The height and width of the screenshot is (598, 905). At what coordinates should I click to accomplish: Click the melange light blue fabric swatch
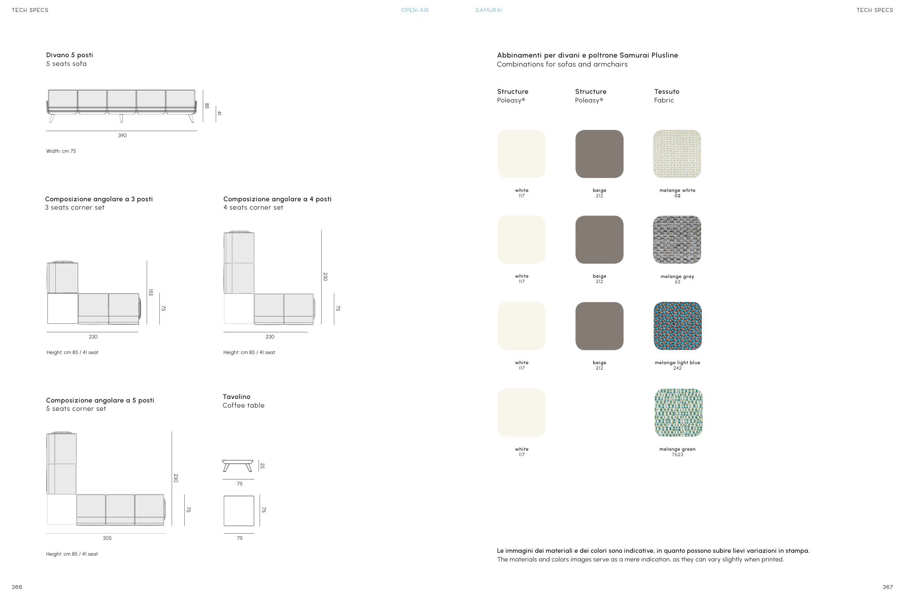(677, 326)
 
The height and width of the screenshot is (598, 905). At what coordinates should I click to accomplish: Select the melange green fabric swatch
(678, 412)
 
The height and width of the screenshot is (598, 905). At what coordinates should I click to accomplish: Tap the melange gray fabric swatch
(677, 240)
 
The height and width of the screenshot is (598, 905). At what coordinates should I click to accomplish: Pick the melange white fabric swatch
(677, 154)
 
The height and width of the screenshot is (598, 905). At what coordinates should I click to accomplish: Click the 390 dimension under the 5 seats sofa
(122, 135)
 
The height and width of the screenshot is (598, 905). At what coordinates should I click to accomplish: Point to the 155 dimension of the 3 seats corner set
(151, 292)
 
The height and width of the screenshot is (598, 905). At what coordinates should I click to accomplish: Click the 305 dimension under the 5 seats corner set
(107, 538)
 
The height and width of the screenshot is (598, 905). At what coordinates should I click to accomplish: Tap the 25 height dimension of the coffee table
(262, 466)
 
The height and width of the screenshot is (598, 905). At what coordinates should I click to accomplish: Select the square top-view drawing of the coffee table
(239, 511)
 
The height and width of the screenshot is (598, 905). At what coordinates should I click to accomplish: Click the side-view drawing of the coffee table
(238, 466)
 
